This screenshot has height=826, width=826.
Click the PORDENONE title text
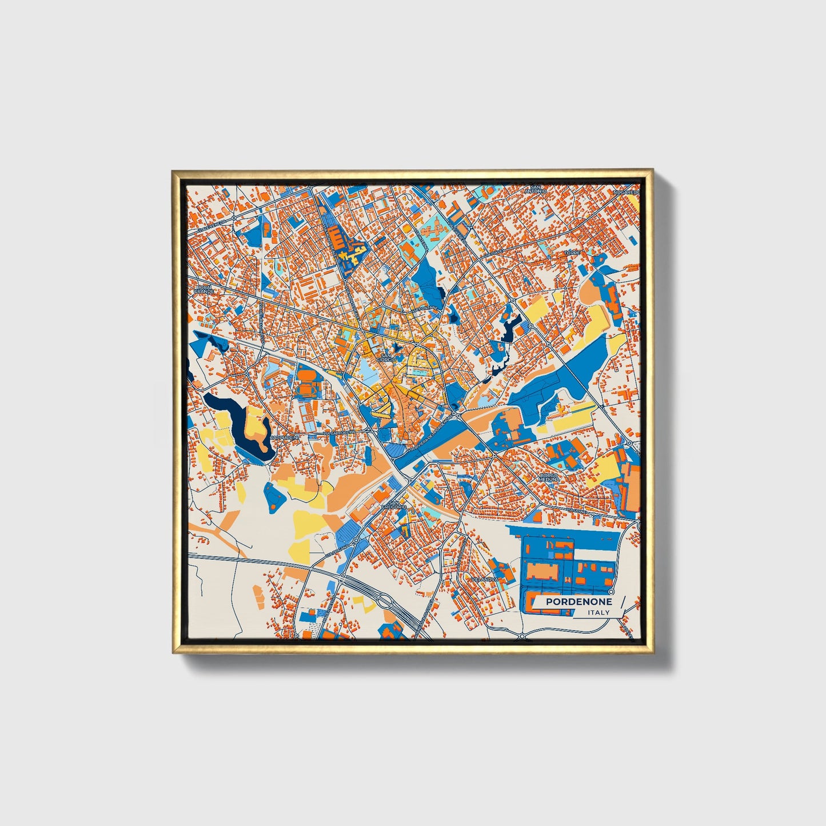[x=578, y=602]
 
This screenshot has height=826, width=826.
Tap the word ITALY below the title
[x=598, y=613]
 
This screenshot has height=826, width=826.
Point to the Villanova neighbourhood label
[x=485, y=579]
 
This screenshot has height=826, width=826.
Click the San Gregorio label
[x=394, y=505]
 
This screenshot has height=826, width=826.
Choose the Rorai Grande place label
[x=203, y=289]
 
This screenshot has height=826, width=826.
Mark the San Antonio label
[x=538, y=189]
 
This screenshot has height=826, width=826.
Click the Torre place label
[x=572, y=253]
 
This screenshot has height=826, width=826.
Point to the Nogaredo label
[x=626, y=193]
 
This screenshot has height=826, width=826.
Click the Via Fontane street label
[x=425, y=308]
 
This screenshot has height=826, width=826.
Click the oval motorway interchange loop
[x=385, y=601]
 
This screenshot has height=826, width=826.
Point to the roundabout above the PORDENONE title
[x=612, y=592]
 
